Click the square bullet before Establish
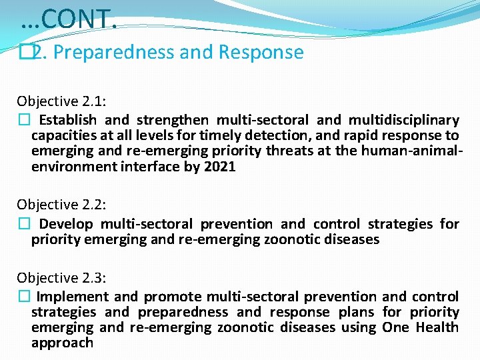pos(23,121)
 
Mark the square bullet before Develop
pos(23,224)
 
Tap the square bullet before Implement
pos(23,297)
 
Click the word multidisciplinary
pos(403,121)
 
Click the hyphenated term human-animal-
pos(411,151)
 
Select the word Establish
pos(67,121)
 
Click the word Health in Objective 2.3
pos(437,327)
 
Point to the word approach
pos(62,343)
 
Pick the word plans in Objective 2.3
pos(356,312)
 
